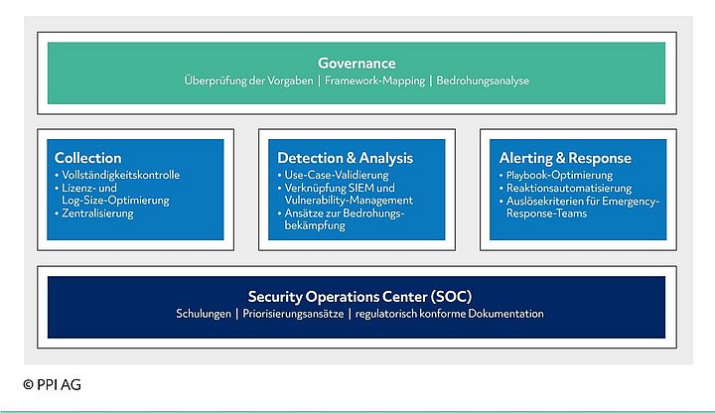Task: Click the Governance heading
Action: click(357, 64)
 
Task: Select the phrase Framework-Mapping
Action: click(373, 81)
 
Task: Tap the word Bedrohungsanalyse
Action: click(484, 81)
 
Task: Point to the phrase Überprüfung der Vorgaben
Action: click(246, 81)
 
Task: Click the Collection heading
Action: click(87, 158)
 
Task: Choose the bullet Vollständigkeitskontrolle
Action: click(120, 175)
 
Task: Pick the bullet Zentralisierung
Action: click(97, 212)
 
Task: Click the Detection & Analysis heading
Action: click(345, 158)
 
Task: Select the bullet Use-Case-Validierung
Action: click(339, 175)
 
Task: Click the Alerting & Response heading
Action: click(565, 158)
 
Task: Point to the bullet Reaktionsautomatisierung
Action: click(568, 188)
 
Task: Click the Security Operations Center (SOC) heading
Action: click(358, 296)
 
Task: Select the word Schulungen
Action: click(203, 314)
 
